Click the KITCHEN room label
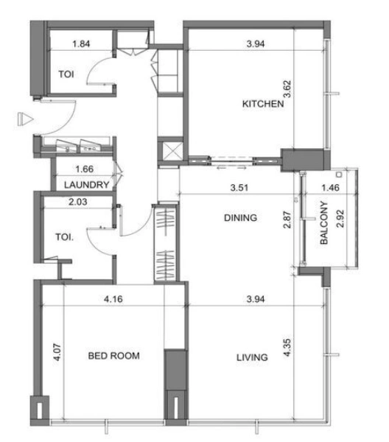(x=263, y=105)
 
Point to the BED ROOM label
(x=114, y=356)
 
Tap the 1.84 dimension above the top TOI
(x=83, y=45)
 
